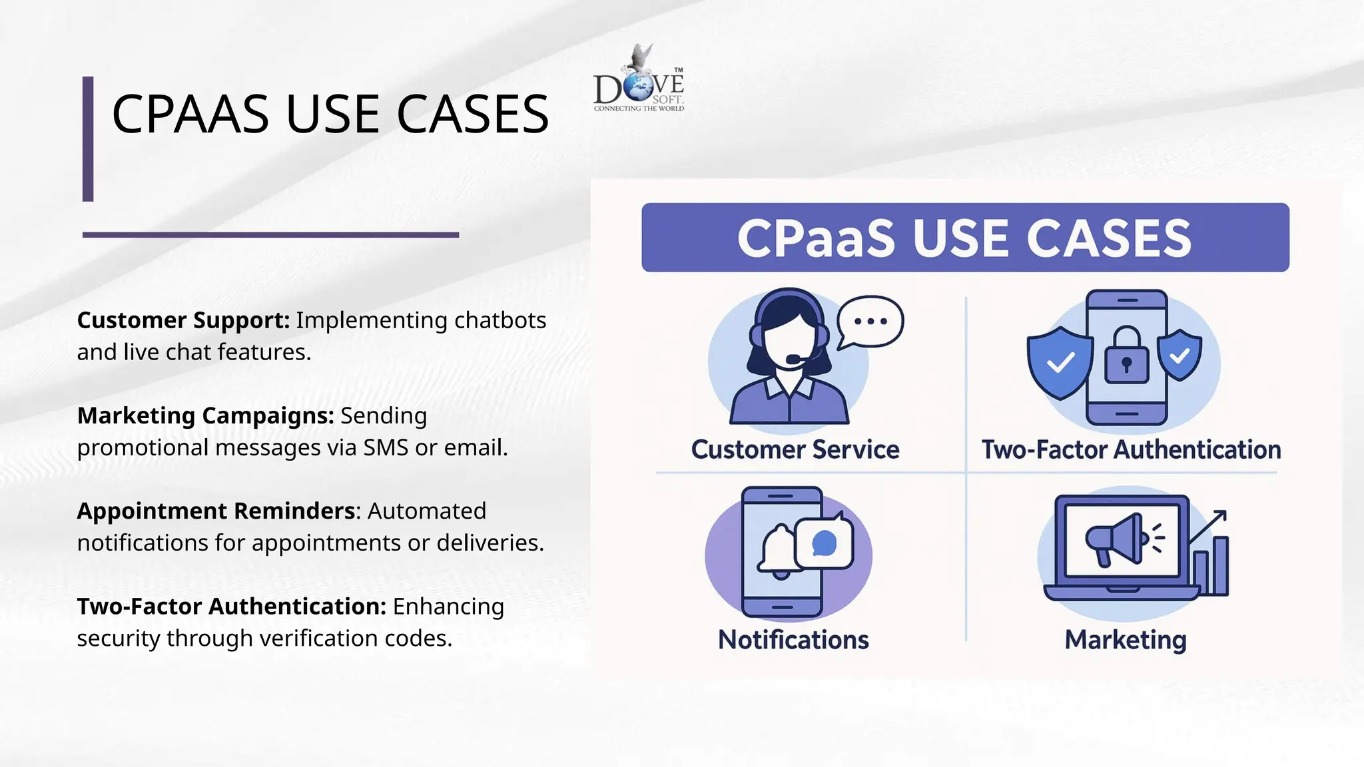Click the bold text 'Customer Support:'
pos(183,320)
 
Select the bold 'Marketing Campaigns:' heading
pos(205,415)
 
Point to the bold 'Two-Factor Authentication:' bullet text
pos(231,607)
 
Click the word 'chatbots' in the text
pos(500,320)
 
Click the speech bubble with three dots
pos(870,322)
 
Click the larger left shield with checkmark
pos(1060,362)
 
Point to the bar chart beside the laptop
pos(1211,566)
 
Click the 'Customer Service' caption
pos(795,449)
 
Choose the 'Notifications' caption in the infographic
pos(793,640)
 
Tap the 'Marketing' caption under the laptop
pos(1126,640)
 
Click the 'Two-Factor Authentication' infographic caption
pos(1131,449)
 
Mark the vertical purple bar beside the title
pos(88,138)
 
